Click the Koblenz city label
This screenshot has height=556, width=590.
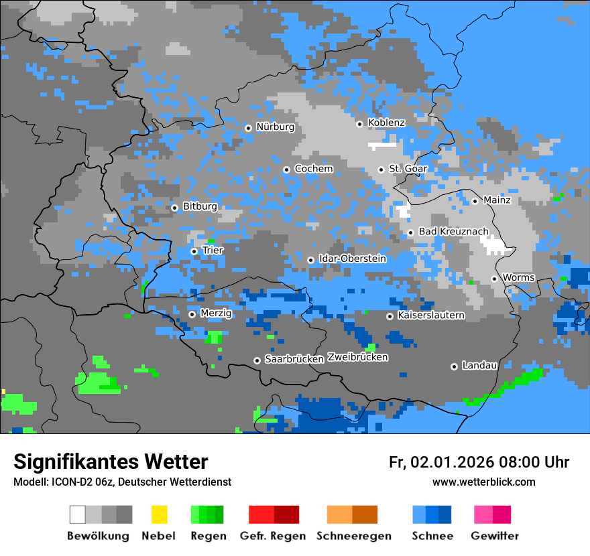[x=386, y=123]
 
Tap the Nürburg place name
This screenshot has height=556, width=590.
[x=275, y=127]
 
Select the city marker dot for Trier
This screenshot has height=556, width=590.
[x=194, y=251]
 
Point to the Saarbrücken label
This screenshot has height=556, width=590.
[x=294, y=359]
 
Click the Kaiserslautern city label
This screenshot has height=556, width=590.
[x=430, y=315]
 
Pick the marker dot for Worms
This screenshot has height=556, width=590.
[x=494, y=279]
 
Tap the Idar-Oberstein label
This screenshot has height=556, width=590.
[x=353, y=259]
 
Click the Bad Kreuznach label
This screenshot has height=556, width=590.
[x=453, y=231]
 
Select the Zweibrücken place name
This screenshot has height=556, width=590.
[x=357, y=357]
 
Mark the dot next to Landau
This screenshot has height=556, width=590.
[x=454, y=366]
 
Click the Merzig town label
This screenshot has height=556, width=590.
[x=216, y=313]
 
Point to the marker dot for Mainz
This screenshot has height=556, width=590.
[x=475, y=201]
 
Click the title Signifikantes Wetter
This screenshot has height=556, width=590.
[x=111, y=462]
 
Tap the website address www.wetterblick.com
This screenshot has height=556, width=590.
[x=483, y=482]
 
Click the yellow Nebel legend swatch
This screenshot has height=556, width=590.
[x=159, y=514]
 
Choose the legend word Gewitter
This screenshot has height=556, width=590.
[x=495, y=536]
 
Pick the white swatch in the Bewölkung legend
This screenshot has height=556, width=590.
[x=77, y=514]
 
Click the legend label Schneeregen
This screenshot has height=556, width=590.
[x=354, y=536]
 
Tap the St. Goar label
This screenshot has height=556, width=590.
[x=408, y=169]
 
